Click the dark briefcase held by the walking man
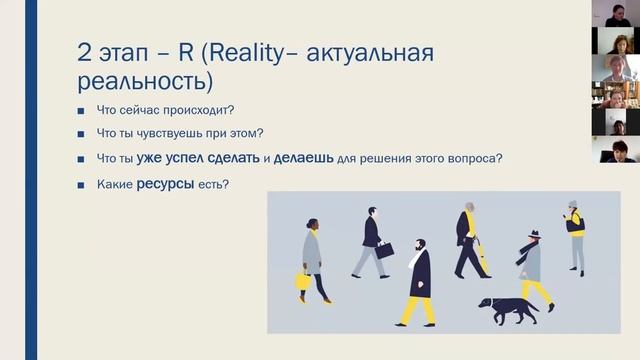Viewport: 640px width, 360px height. (385, 250)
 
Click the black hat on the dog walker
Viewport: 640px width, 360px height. (533, 235)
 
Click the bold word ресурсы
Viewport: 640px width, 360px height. (166, 183)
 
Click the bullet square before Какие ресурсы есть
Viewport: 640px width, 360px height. (82, 184)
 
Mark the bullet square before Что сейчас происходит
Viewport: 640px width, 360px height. (82, 110)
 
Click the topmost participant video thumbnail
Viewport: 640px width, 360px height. (616, 13)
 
